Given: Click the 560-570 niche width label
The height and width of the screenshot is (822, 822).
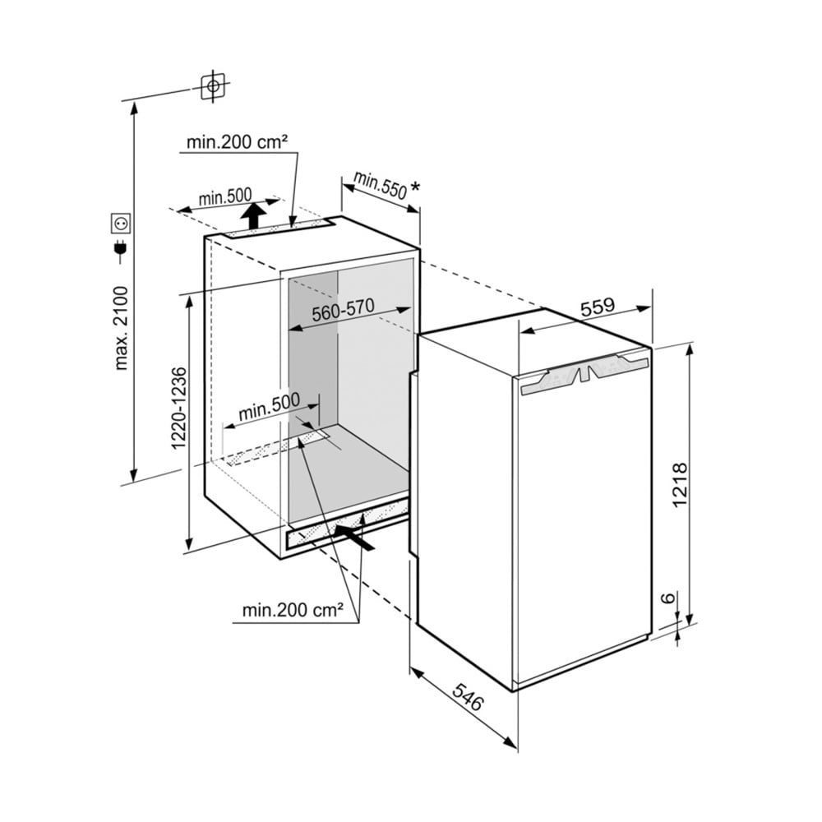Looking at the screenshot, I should tap(343, 310).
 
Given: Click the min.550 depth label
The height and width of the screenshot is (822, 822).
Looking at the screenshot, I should tap(380, 185).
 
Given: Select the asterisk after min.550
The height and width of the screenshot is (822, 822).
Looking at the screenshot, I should tap(415, 188).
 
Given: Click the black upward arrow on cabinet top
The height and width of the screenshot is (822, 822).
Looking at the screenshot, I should tap(254, 216).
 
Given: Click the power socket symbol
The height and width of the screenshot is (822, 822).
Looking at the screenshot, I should tap(120, 223).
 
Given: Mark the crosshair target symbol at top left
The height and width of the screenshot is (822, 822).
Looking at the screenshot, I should tap(214, 85).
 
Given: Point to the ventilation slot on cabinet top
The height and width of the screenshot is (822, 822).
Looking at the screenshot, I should tap(279, 229).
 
